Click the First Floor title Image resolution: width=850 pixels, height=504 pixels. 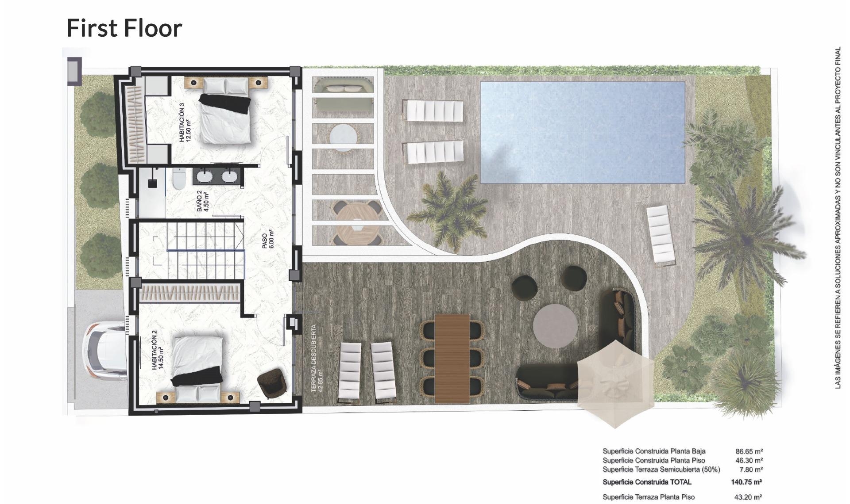click(x=124, y=28)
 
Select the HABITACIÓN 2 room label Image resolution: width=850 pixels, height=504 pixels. click(x=158, y=352)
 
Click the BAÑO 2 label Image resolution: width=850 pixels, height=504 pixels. click(x=202, y=201)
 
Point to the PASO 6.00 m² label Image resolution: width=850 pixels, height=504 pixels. click(x=268, y=241)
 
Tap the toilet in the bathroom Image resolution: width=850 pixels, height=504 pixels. click(x=179, y=179)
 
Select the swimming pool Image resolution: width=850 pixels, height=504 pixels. click(x=582, y=132)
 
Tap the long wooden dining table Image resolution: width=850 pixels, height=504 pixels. click(x=452, y=358)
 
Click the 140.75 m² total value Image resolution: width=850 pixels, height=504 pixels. click(x=746, y=482)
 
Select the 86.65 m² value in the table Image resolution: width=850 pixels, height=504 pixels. click(x=749, y=451)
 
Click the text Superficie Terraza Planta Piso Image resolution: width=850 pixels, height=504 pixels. click(x=648, y=497)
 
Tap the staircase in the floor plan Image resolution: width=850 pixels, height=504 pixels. click(x=206, y=250)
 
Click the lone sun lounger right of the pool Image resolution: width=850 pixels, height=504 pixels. click(x=661, y=236)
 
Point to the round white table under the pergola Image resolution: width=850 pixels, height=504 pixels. click(x=343, y=137)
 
